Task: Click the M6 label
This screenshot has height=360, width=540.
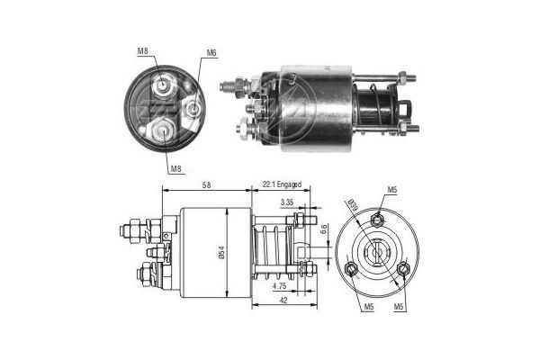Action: pyautogui.click(x=211, y=53)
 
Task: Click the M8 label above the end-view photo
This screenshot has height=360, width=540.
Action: pyautogui.click(x=143, y=51)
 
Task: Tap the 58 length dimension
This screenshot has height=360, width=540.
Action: pyautogui.click(x=207, y=184)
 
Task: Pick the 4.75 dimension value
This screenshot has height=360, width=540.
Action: pyautogui.click(x=282, y=287)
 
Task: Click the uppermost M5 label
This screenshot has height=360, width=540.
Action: pyautogui.click(x=392, y=190)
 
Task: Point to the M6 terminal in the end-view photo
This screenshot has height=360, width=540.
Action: pyautogui.click(x=192, y=109)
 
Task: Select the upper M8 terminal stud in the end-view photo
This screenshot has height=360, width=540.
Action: pyautogui.click(x=165, y=86)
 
